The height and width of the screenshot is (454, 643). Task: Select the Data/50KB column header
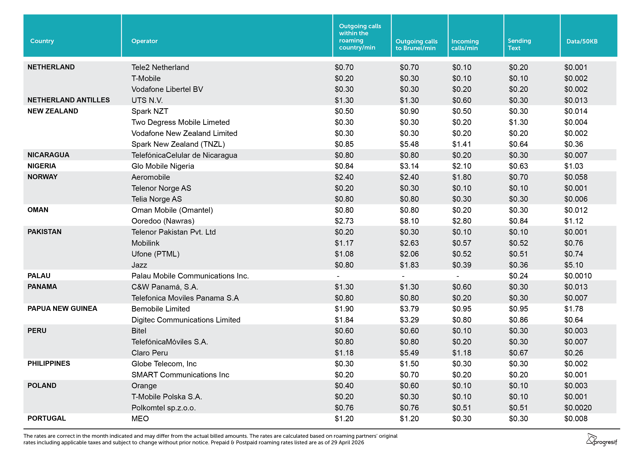(582, 41)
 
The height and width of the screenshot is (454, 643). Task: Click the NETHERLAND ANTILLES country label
(69, 100)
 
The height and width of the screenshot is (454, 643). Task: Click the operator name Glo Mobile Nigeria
(163, 166)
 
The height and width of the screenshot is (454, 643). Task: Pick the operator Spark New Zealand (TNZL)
(178, 144)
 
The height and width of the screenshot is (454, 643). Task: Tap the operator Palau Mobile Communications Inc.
(190, 276)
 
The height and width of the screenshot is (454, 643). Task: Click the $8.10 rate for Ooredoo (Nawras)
(409, 221)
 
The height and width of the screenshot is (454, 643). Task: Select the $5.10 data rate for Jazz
(574, 265)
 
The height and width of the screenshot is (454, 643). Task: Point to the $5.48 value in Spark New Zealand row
(409, 144)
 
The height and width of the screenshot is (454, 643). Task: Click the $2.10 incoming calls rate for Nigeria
(461, 166)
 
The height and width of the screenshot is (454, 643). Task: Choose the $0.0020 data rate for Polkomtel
(578, 407)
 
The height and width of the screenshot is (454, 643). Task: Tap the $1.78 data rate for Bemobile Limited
(574, 309)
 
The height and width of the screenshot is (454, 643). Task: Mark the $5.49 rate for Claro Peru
(409, 353)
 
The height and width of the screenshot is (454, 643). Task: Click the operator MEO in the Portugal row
(140, 419)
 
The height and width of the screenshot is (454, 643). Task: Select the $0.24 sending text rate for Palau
(518, 276)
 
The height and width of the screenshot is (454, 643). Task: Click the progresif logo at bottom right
(602, 440)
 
